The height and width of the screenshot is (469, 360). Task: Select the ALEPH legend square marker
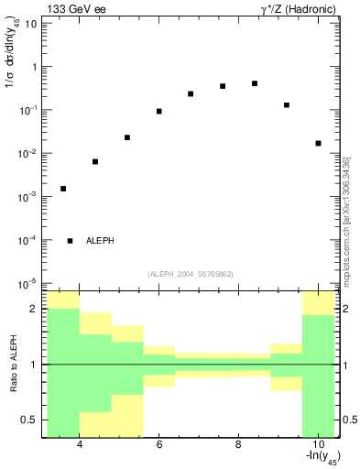tap(71, 241)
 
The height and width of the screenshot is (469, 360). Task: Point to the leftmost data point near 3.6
tap(63, 189)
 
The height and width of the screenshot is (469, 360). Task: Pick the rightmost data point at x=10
tap(318, 143)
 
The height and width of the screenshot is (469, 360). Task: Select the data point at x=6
tap(159, 111)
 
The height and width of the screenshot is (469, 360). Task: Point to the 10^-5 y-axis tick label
tap(27, 283)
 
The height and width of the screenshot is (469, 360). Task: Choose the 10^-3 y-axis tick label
tap(27, 197)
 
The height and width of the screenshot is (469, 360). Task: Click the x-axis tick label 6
tap(159, 446)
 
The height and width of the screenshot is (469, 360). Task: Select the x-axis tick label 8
tap(238, 446)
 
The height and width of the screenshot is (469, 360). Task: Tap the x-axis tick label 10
tap(317, 446)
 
